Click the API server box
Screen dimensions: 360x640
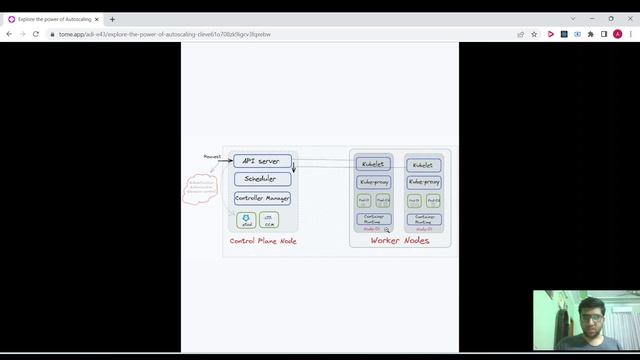click(262, 161)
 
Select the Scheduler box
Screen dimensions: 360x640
click(262, 179)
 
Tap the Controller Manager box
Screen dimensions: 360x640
click(262, 198)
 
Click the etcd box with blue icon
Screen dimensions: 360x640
click(247, 220)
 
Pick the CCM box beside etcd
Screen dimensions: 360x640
click(268, 220)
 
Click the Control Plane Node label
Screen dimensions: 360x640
click(263, 241)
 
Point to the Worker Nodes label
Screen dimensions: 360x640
click(400, 241)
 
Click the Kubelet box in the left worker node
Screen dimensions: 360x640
click(373, 164)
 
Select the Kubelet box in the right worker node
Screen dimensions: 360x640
click(424, 165)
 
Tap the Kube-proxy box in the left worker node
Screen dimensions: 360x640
click(373, 182)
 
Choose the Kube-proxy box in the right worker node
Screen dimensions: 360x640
click(424, 182)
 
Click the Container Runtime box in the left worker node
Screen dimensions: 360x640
click(373, 218)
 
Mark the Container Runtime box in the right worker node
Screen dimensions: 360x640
click(424, 218)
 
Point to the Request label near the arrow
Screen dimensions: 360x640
click(212, 156)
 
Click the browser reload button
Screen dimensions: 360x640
click(36, 34)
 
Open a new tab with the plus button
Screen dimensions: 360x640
click(112, 19)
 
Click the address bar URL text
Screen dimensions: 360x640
click(165, 34)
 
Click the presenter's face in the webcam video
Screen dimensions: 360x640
click(591, 325)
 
